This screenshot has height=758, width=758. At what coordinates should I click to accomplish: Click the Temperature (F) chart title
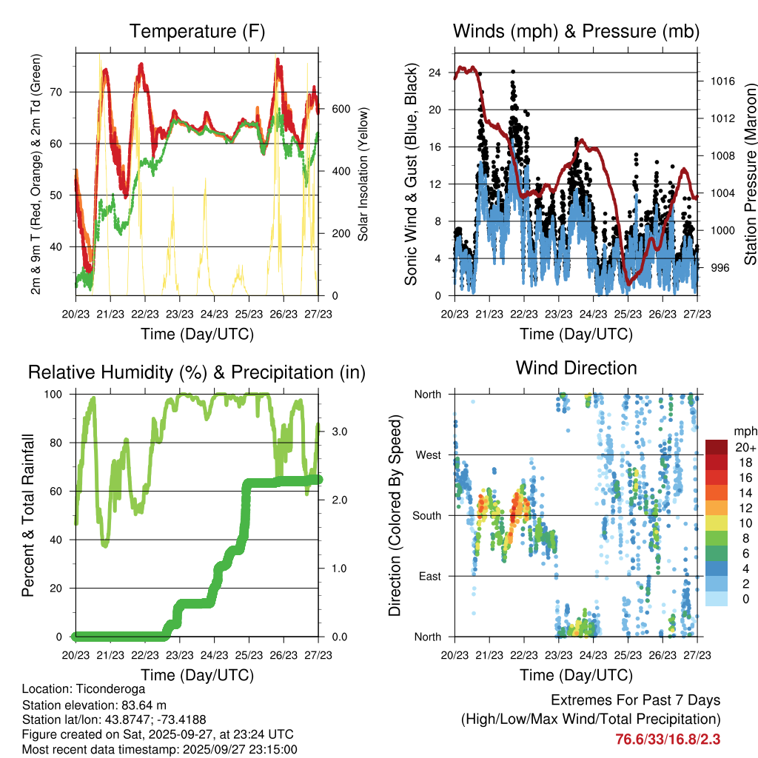(x=197, y=32)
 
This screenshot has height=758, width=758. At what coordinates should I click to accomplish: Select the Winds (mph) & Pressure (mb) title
(x=576, y=32)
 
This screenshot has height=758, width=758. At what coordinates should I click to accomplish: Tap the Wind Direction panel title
(x=576, y=368)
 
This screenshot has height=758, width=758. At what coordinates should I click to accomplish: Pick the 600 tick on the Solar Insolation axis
(x=340, y=109)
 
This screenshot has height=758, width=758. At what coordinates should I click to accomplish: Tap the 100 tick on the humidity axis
(x=58, y=394)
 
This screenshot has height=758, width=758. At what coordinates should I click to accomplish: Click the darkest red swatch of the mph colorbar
(x=717, y=447)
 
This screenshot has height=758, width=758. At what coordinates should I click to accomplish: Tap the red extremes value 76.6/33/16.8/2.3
(x=668, y=739)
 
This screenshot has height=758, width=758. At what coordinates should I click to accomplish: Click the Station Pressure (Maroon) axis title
(x=750, y=174)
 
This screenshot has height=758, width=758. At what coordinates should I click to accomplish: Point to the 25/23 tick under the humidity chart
(x=249, y=655)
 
